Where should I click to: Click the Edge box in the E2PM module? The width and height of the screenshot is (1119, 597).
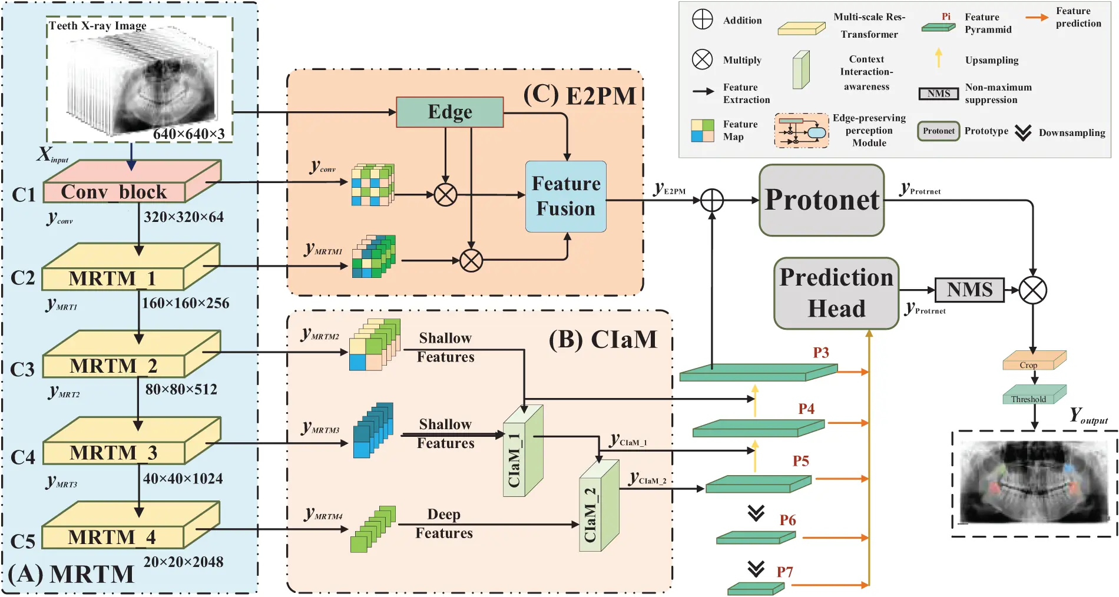(x=449, y=112)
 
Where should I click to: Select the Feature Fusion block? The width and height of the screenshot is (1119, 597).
(x=565, y=197)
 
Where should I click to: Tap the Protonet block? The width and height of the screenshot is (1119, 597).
(x=822, y=200)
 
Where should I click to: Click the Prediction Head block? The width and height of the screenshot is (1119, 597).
(x=836, y=293)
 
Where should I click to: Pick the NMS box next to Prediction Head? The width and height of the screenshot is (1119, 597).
(x=969, y=290)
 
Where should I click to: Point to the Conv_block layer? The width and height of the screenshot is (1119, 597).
(x=114, y=191)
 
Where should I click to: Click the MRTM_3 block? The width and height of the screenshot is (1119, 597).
(x=113, y=452)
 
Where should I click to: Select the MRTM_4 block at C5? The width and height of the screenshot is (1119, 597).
(x=112, y=537)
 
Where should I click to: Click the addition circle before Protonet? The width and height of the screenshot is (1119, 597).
(x=712, y=200)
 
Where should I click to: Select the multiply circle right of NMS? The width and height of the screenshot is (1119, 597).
(x=1032, y=290)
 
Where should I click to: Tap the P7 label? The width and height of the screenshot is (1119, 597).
(x=784, y=572)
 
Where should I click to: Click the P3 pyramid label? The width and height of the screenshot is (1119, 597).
(x=820, y=353)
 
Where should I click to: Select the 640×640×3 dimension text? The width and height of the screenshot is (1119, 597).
(x=189, y=134)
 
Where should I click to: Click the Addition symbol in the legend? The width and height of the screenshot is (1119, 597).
(x=702, y=19)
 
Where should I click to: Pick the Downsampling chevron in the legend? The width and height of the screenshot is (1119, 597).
(x=1023, y=132)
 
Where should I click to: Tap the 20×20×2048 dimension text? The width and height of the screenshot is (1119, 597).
(x=183, y=562)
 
